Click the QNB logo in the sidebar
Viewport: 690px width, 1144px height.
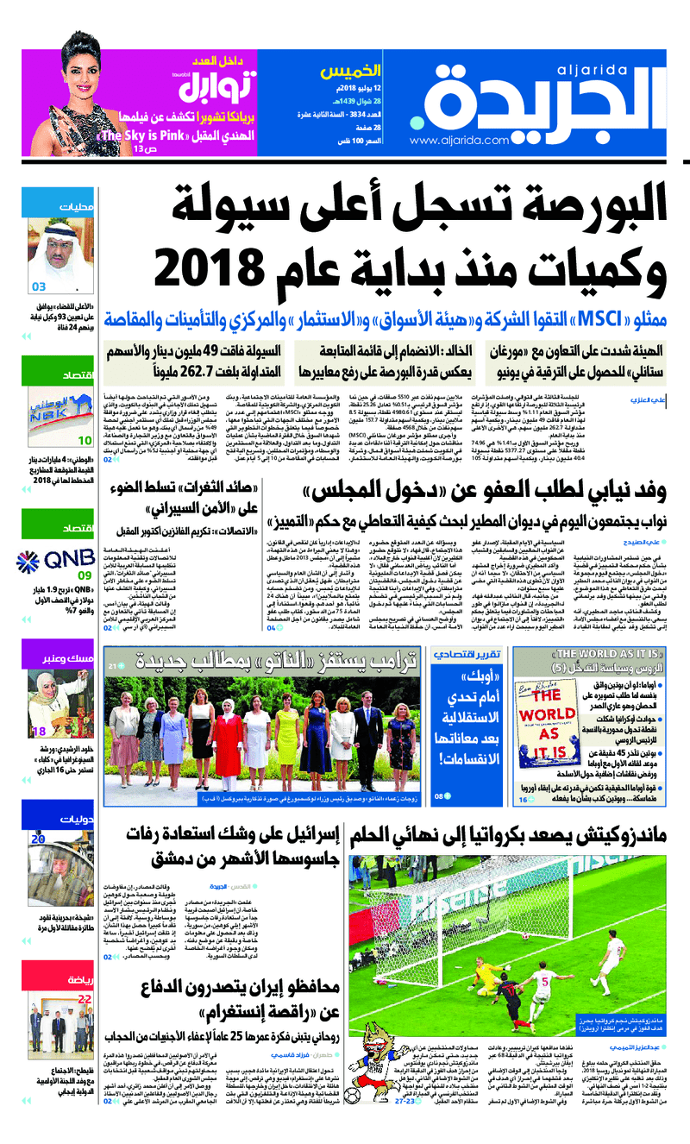[68, 555]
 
